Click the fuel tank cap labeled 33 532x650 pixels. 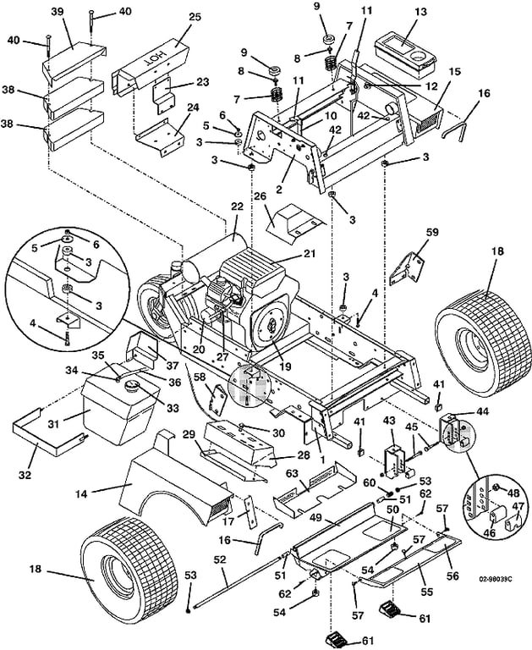[x=131, y=387]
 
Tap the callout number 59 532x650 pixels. [x=433, y=233]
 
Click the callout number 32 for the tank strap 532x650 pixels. [x=25, y=474]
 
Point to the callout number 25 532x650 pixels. [x=195, y=17]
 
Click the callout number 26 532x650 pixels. [x=259, y=196]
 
